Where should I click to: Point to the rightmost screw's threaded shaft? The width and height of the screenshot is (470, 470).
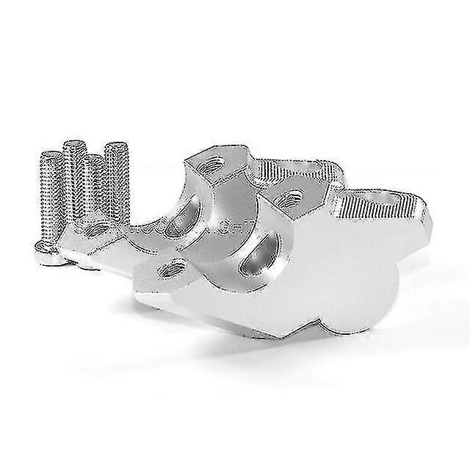[117, 176]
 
